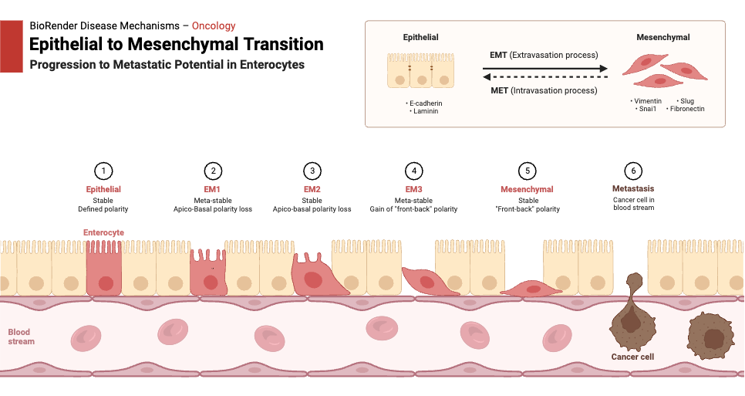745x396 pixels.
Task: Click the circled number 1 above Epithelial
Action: coord(103,171)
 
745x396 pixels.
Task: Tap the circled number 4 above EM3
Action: coord(414,171)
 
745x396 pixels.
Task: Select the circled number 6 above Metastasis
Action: coord(632,171)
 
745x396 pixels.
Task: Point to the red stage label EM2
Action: coord(312,189)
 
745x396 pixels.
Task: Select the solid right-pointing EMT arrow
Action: coord(544,69)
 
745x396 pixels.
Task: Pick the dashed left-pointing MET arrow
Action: coord(544,77)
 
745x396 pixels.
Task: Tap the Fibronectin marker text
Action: coord(685,109)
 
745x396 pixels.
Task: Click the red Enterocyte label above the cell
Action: coord(103,232)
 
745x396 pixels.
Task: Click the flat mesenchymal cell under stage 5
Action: coord(532,288)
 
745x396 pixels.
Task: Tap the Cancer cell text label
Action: coord(632,357)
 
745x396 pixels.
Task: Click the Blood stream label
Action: coord(21,337)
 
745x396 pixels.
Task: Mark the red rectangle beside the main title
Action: coord(12,47)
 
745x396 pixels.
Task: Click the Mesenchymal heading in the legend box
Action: coord(662,37)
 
